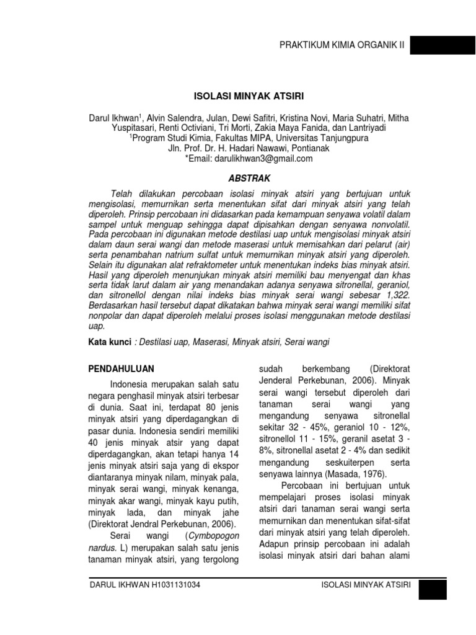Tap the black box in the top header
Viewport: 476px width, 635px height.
(442, 45)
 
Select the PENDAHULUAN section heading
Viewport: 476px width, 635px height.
(121, 369)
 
